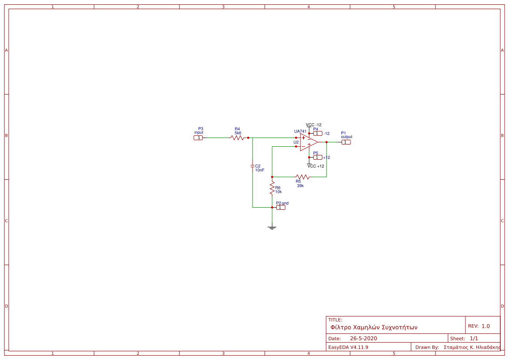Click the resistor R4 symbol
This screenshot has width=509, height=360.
237,138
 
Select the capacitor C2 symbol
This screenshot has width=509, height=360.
253,166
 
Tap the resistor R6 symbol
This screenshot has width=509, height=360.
272,188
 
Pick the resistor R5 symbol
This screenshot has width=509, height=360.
303,177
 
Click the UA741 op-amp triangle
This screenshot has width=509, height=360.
308,142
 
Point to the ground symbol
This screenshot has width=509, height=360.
272,227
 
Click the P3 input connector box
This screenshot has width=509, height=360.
198,138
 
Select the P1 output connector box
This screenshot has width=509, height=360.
346,142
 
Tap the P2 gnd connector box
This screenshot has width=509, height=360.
281,207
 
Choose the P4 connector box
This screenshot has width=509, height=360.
317,134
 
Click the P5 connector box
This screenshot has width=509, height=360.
317,157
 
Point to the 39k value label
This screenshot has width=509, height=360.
300,185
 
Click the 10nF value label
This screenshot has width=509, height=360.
260,170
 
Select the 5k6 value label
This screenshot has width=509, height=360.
238,133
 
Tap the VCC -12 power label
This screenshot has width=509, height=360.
313,124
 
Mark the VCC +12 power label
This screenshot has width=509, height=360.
316,166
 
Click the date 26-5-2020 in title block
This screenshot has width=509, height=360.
363,338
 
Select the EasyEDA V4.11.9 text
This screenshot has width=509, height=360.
348,347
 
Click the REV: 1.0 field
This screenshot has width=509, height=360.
479,326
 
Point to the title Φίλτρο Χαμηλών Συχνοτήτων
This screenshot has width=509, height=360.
374,327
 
